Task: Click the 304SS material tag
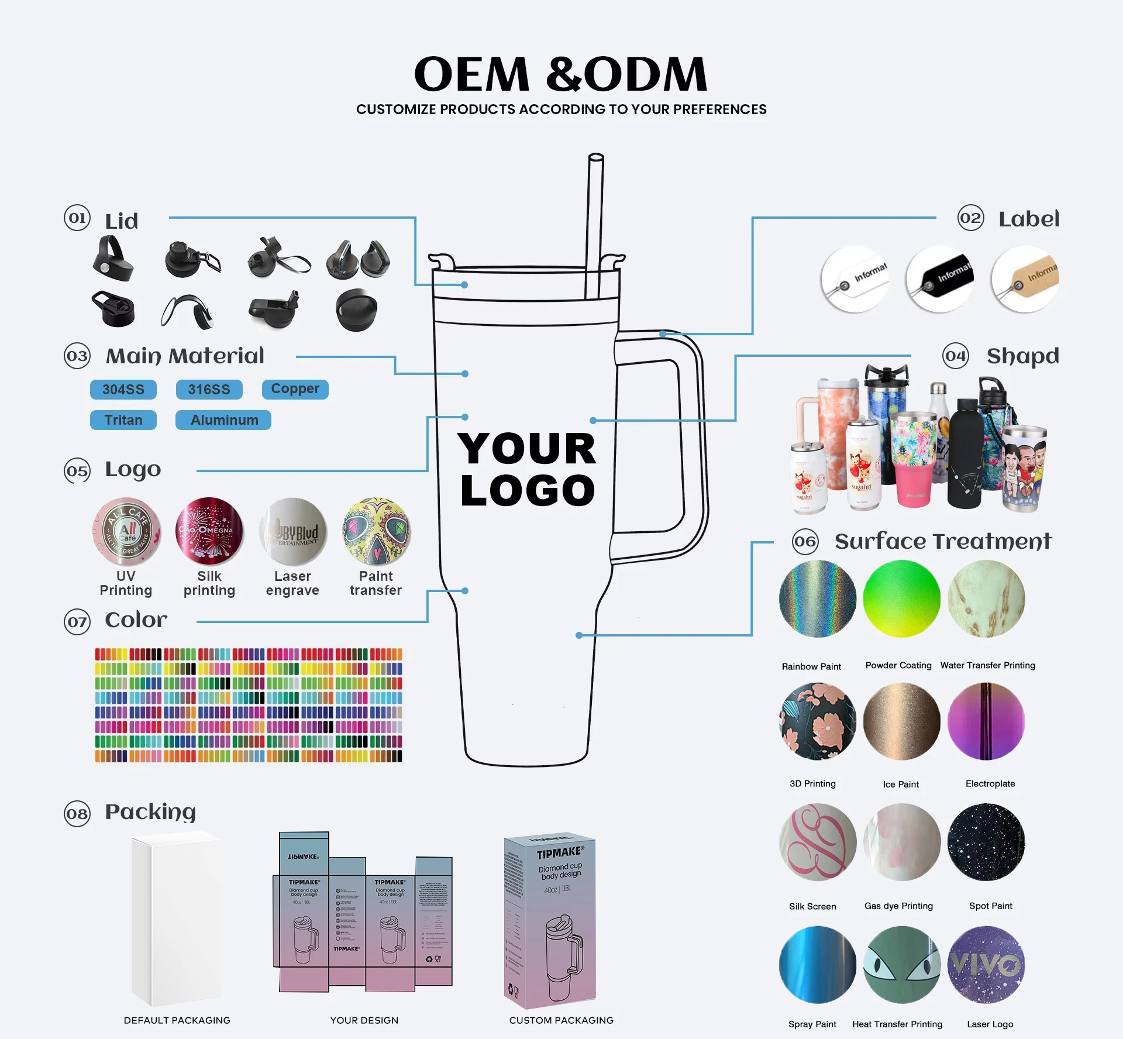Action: point(123,390)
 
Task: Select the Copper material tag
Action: point(295,389)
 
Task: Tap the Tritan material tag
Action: point(123,420)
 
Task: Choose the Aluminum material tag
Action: point(223,420)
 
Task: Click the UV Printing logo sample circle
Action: point(126,532)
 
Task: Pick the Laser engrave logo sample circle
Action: point(293,532)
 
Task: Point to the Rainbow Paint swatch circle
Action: point(817,598)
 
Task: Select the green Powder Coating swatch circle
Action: point(901,598)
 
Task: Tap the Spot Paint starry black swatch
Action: point(986,842)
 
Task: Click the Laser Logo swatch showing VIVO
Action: point(986,965)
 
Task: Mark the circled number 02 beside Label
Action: point(971,218)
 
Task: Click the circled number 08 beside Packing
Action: point(77,814)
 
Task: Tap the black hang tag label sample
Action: point(941,278)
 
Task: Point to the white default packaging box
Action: point(177,918)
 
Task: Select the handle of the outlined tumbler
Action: point(690,445)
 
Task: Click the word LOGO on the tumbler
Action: point(528,490)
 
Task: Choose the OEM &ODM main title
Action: point(561,74)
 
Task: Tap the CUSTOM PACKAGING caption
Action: point(561,1020)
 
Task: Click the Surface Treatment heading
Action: point(943,541)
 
